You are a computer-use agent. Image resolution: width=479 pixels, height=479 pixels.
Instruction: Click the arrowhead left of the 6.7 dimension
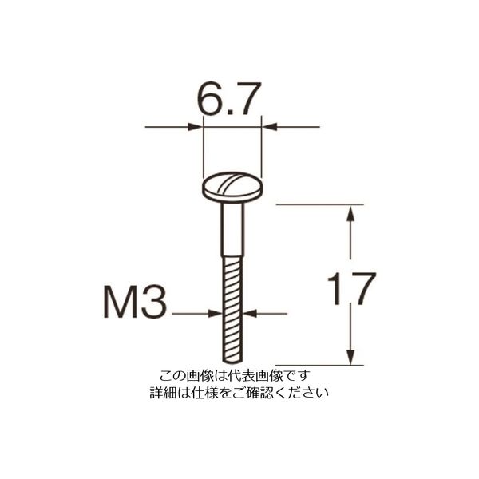pos(196,126)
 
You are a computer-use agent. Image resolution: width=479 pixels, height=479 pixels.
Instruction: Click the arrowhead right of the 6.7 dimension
pos(270,126)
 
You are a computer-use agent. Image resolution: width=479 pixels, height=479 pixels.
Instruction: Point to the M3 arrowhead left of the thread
pos(216,314)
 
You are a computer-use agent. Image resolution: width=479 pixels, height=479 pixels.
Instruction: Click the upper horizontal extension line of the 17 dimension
pos(319,204)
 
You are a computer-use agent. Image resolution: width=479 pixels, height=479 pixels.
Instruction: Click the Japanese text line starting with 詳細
pos(239,393)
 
